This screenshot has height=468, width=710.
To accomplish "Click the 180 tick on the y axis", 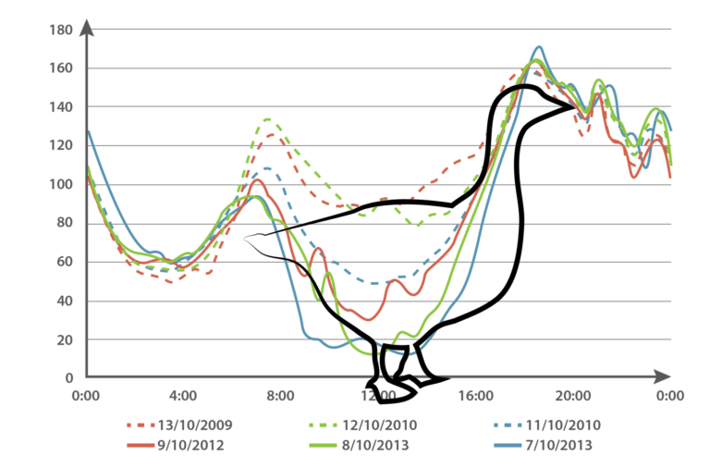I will (61, 31).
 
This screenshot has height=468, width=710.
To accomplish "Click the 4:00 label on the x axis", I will (183, 396).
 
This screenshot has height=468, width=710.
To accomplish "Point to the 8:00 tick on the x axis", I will (280, 396).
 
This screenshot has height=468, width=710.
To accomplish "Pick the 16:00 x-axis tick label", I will (475, 396).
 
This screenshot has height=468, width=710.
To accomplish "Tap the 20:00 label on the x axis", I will (572, 396).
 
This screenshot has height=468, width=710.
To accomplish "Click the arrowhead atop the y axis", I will (86, 25).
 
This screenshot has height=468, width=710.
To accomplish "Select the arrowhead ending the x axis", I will (663, 376).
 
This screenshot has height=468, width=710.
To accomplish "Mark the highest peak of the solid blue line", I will (538, 45).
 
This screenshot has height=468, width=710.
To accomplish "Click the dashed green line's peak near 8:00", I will (267, 118).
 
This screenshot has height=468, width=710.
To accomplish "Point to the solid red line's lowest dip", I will (369, 320).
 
